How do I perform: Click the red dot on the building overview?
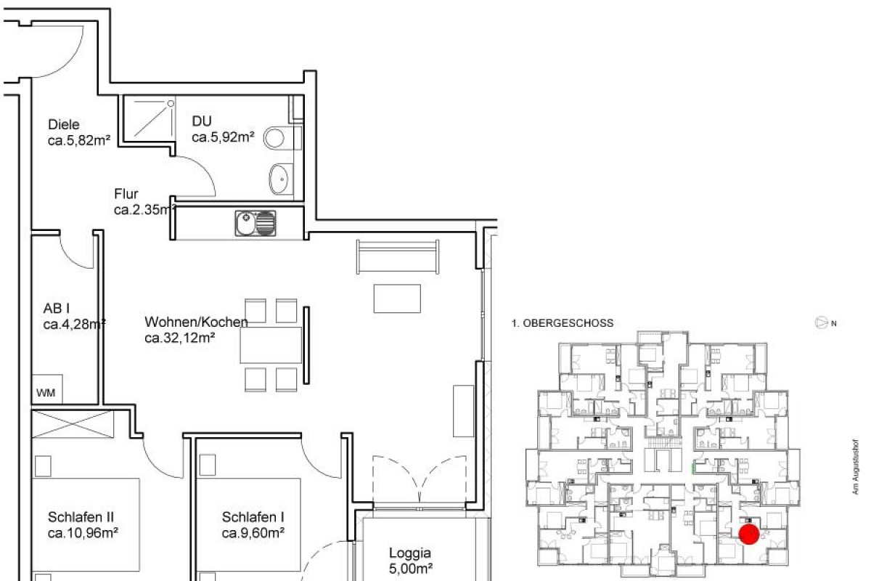tap(749, 535)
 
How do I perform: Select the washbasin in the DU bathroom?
tap(279, 178)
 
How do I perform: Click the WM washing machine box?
tap(46, 392)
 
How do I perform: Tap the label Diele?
tap(63, 124)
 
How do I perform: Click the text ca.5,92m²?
tap(223, 136)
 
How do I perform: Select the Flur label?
tap(126, 194)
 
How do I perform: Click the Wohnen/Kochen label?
tap(196, 322)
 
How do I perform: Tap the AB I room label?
tap(57, 308)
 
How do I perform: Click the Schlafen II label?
tap(81, 517)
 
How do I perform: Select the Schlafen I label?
tap(253, 517)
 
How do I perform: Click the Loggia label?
tap(410, 553)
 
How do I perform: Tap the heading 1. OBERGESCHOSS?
tap(563, 323)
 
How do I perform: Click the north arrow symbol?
tap(822, 322)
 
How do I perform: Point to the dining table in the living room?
tap(271, 345)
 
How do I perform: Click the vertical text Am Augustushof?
tap(856, 468)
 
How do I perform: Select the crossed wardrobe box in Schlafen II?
tap(73, 423)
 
